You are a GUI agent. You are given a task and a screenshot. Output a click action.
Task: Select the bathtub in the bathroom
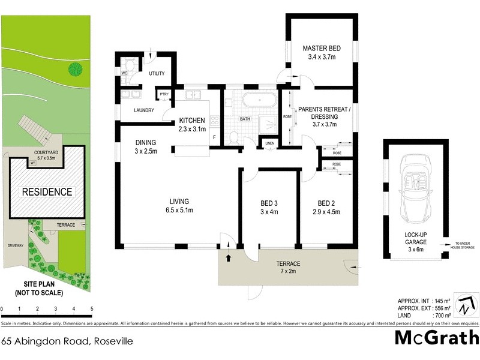tap(256, 100)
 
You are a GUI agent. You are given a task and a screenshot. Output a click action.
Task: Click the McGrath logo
tap(436, 338)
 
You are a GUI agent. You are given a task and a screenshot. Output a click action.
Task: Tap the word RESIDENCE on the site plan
tap(47, 192)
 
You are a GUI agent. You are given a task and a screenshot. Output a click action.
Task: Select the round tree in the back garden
tap(75, 69)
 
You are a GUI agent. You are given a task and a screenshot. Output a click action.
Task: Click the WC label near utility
tap(125, 73)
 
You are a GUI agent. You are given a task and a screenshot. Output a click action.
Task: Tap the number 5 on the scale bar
tap(92, 310)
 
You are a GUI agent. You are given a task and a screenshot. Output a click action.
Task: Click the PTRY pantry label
tap(163, 94)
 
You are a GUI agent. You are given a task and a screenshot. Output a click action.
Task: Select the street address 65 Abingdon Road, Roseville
tap(67, 341)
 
